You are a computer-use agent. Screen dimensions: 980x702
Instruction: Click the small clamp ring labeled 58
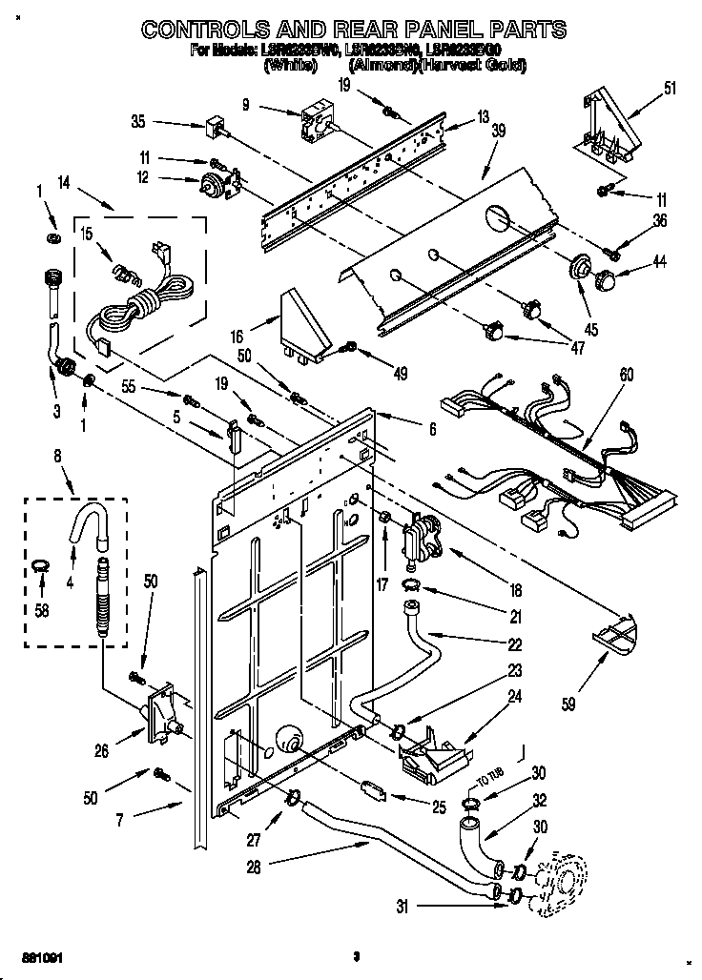tap(37, 568)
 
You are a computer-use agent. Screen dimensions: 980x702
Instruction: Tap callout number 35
tap(137, 121)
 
